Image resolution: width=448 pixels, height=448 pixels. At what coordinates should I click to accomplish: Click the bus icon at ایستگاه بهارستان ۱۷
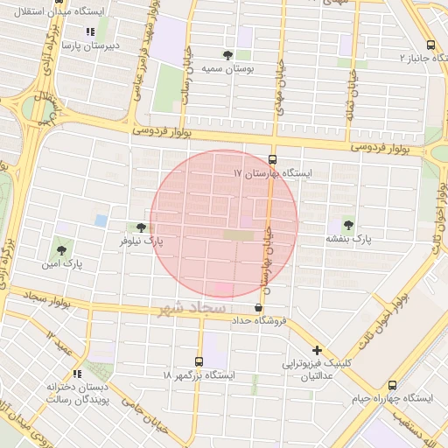pyautogui.click(x=272, y=160)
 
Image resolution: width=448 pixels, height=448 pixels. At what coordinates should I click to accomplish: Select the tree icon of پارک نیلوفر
pyautogui.click(x=141, y=227)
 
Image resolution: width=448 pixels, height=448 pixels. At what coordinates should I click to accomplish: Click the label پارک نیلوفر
pyautogui.click(x=142, y=240)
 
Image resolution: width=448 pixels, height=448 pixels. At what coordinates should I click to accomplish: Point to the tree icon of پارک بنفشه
pyautogui.click(x=350, y=225)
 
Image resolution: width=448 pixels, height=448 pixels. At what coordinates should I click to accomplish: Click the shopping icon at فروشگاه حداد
pyautogui.click(x=257, y=308)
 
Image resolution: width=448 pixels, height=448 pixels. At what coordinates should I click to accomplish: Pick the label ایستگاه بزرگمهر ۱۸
pyautogui.click(x=199, y=374)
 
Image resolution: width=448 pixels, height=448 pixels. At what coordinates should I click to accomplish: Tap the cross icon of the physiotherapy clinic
pyautogui.click(x=318, y=350)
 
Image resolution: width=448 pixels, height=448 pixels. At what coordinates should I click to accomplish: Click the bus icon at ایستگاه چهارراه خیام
pyautogui.click(x=392, y=385)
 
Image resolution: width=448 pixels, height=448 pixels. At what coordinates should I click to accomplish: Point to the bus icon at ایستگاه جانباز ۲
pyautogui.click(x=430, y=45)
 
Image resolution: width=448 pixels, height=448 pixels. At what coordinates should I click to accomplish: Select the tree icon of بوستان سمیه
pyautogui.click(x=228, y=54)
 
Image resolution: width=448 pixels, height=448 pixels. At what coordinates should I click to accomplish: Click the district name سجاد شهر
pyautogui.click(x=194, y=310)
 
